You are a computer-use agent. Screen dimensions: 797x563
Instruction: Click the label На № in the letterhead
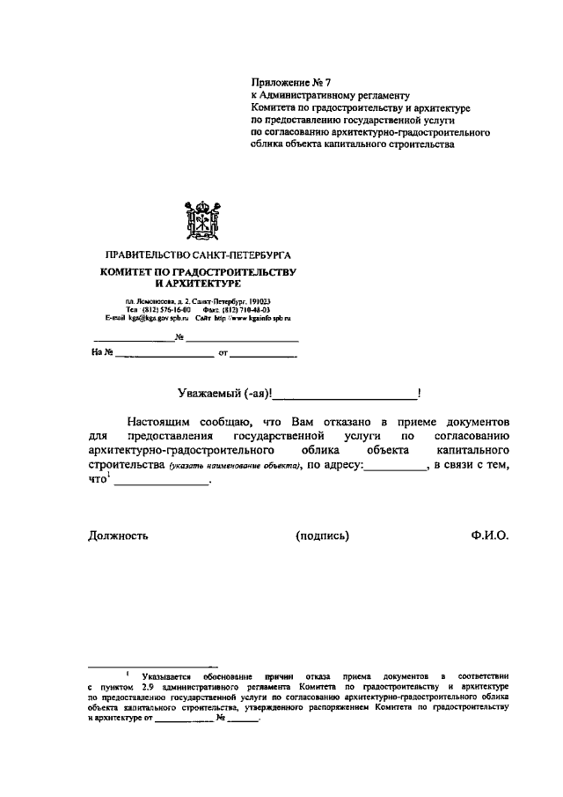coord(102,353)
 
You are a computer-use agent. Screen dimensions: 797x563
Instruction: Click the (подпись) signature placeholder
coord(323,535)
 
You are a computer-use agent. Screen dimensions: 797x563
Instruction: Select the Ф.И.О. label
coord(490,535)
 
